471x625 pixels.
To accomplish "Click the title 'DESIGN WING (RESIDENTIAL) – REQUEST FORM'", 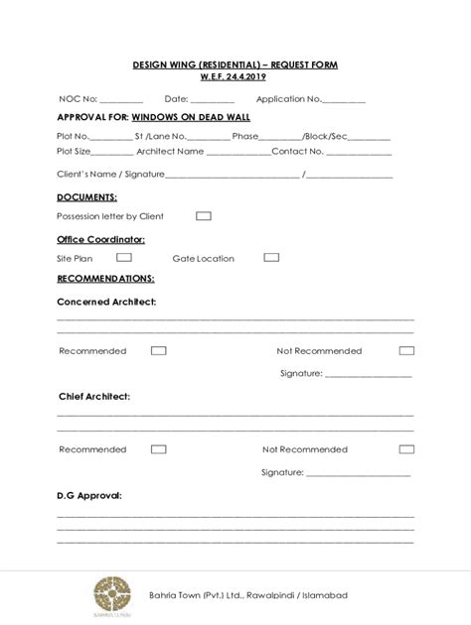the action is click(235, 64).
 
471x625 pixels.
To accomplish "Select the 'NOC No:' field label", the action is click(77, 99).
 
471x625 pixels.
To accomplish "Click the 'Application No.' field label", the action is click(288, 99).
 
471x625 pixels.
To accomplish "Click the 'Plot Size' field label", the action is click(74, 152).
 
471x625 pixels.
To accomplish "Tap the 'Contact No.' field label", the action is click(297, 152).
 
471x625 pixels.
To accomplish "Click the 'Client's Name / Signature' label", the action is click(110, 175).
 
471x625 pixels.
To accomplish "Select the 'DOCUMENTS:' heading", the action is click(86, 197).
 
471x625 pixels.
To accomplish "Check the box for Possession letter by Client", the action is click(203, 215).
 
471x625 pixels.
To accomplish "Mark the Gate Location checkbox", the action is click(271, 257).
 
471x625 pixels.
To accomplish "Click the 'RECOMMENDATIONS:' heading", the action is click(105, 279).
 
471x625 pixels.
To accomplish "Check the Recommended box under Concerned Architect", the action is click(158, 350).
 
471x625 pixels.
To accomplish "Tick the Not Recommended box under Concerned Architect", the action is click(406, 350).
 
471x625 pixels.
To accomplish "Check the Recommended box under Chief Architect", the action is click(158, 449).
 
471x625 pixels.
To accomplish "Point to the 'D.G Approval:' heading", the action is click(88, 494).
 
